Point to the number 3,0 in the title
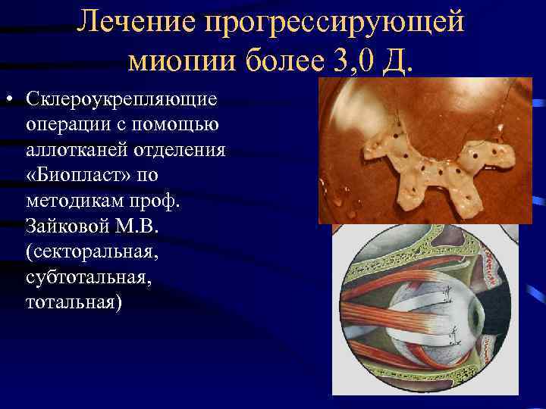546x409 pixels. [351, 59]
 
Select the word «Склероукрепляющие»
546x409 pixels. [121, 100]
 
